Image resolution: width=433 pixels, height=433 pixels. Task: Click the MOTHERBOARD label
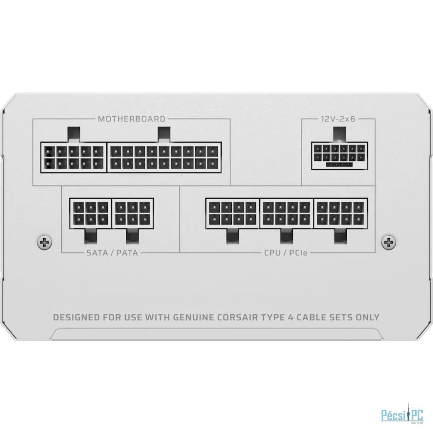pyautogui.click(x=132, y=119)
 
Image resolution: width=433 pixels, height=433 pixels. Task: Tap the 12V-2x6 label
pyautogui.click(x=338, y=119)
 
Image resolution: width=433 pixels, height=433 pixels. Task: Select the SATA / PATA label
pyautogui.click(x=112, y=253)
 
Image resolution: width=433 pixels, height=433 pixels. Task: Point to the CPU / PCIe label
pyautogui.click(x=286, y=253)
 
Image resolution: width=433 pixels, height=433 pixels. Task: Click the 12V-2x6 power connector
pyautogui.click(x=340, y=156)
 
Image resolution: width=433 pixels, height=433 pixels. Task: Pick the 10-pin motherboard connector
pyautogui.click(x=74, y=158)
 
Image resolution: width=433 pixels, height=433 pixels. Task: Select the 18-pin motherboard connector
pyautogui.click(x=164, y=158)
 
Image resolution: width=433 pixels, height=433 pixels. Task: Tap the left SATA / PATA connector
pyautogui.click(x=91, y=213)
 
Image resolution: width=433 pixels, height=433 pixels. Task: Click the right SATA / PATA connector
pyautogui.click(x=133, y=213)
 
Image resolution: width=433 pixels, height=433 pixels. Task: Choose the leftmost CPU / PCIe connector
pyautogui.click(x=233, y=213)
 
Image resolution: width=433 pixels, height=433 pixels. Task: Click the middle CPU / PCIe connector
pyautogui.click(x=287, y=213)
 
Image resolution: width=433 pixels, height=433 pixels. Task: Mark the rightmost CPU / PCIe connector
pyautogui.click(x=341, y=213)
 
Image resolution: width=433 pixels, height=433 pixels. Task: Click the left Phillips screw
pyautogui.click(x=45, y=243)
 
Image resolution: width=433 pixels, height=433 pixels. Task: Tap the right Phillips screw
pyautogui.click(x=388, y=243)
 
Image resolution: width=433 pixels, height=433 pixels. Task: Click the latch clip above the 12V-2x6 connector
pyautogui.click(x=340, y=134)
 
